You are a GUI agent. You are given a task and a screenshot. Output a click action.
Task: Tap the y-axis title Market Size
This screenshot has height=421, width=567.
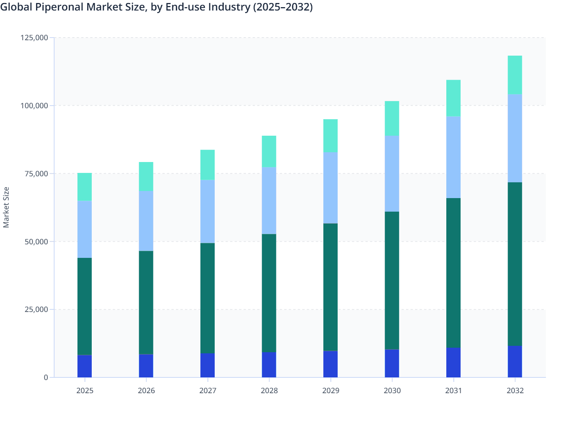tap(6, 207)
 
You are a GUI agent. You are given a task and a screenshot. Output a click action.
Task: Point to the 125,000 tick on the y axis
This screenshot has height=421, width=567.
tap(34, 38)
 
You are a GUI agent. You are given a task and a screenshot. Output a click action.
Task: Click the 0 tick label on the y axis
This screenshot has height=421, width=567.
tap(45, 377)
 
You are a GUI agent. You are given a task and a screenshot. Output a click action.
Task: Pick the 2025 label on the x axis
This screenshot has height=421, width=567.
tap(85, 391)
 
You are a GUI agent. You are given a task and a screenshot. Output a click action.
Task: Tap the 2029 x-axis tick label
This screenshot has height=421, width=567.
tap(330, 391)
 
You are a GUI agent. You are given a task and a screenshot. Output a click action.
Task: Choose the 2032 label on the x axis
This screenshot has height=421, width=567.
tap(515, 391)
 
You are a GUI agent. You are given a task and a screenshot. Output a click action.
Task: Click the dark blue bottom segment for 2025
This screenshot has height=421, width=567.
tap(85, 366)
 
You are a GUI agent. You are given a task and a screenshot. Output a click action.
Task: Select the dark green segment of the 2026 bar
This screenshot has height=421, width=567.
tap(146, 303)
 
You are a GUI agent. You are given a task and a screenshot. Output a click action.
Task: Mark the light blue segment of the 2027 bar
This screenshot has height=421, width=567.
tap(208, 212)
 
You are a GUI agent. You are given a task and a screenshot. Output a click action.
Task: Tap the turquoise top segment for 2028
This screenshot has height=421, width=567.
tap(269, 151)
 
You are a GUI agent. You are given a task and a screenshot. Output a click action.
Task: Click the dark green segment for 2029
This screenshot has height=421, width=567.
tap(330, 287)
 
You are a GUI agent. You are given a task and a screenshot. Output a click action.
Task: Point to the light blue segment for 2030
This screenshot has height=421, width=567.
tap(392, 174)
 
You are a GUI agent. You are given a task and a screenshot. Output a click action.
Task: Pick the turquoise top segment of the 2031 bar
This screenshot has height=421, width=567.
tap(453, 98)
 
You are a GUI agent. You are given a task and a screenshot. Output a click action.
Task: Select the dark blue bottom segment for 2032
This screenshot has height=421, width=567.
tap(515, 362)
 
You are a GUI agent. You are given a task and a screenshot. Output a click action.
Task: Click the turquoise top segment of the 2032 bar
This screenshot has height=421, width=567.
tap(515, 75)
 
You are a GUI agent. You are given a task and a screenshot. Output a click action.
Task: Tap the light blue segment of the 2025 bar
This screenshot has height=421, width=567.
tap(85, 229)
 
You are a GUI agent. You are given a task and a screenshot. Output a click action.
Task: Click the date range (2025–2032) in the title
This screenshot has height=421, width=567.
tap(283, 7)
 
